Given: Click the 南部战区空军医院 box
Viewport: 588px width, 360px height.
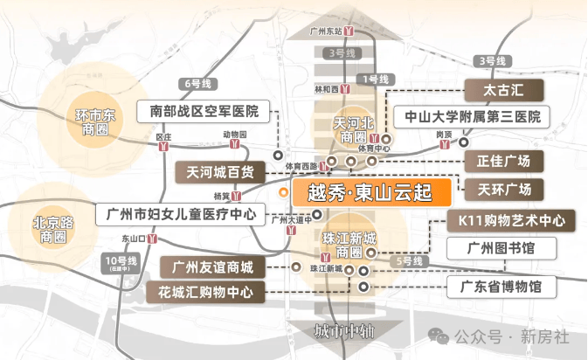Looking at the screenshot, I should tap(205, 111).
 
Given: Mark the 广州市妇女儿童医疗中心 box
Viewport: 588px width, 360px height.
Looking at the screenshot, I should tap(181, 213).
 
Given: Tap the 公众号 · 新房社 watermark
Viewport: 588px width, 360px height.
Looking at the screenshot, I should tap(521, 337).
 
